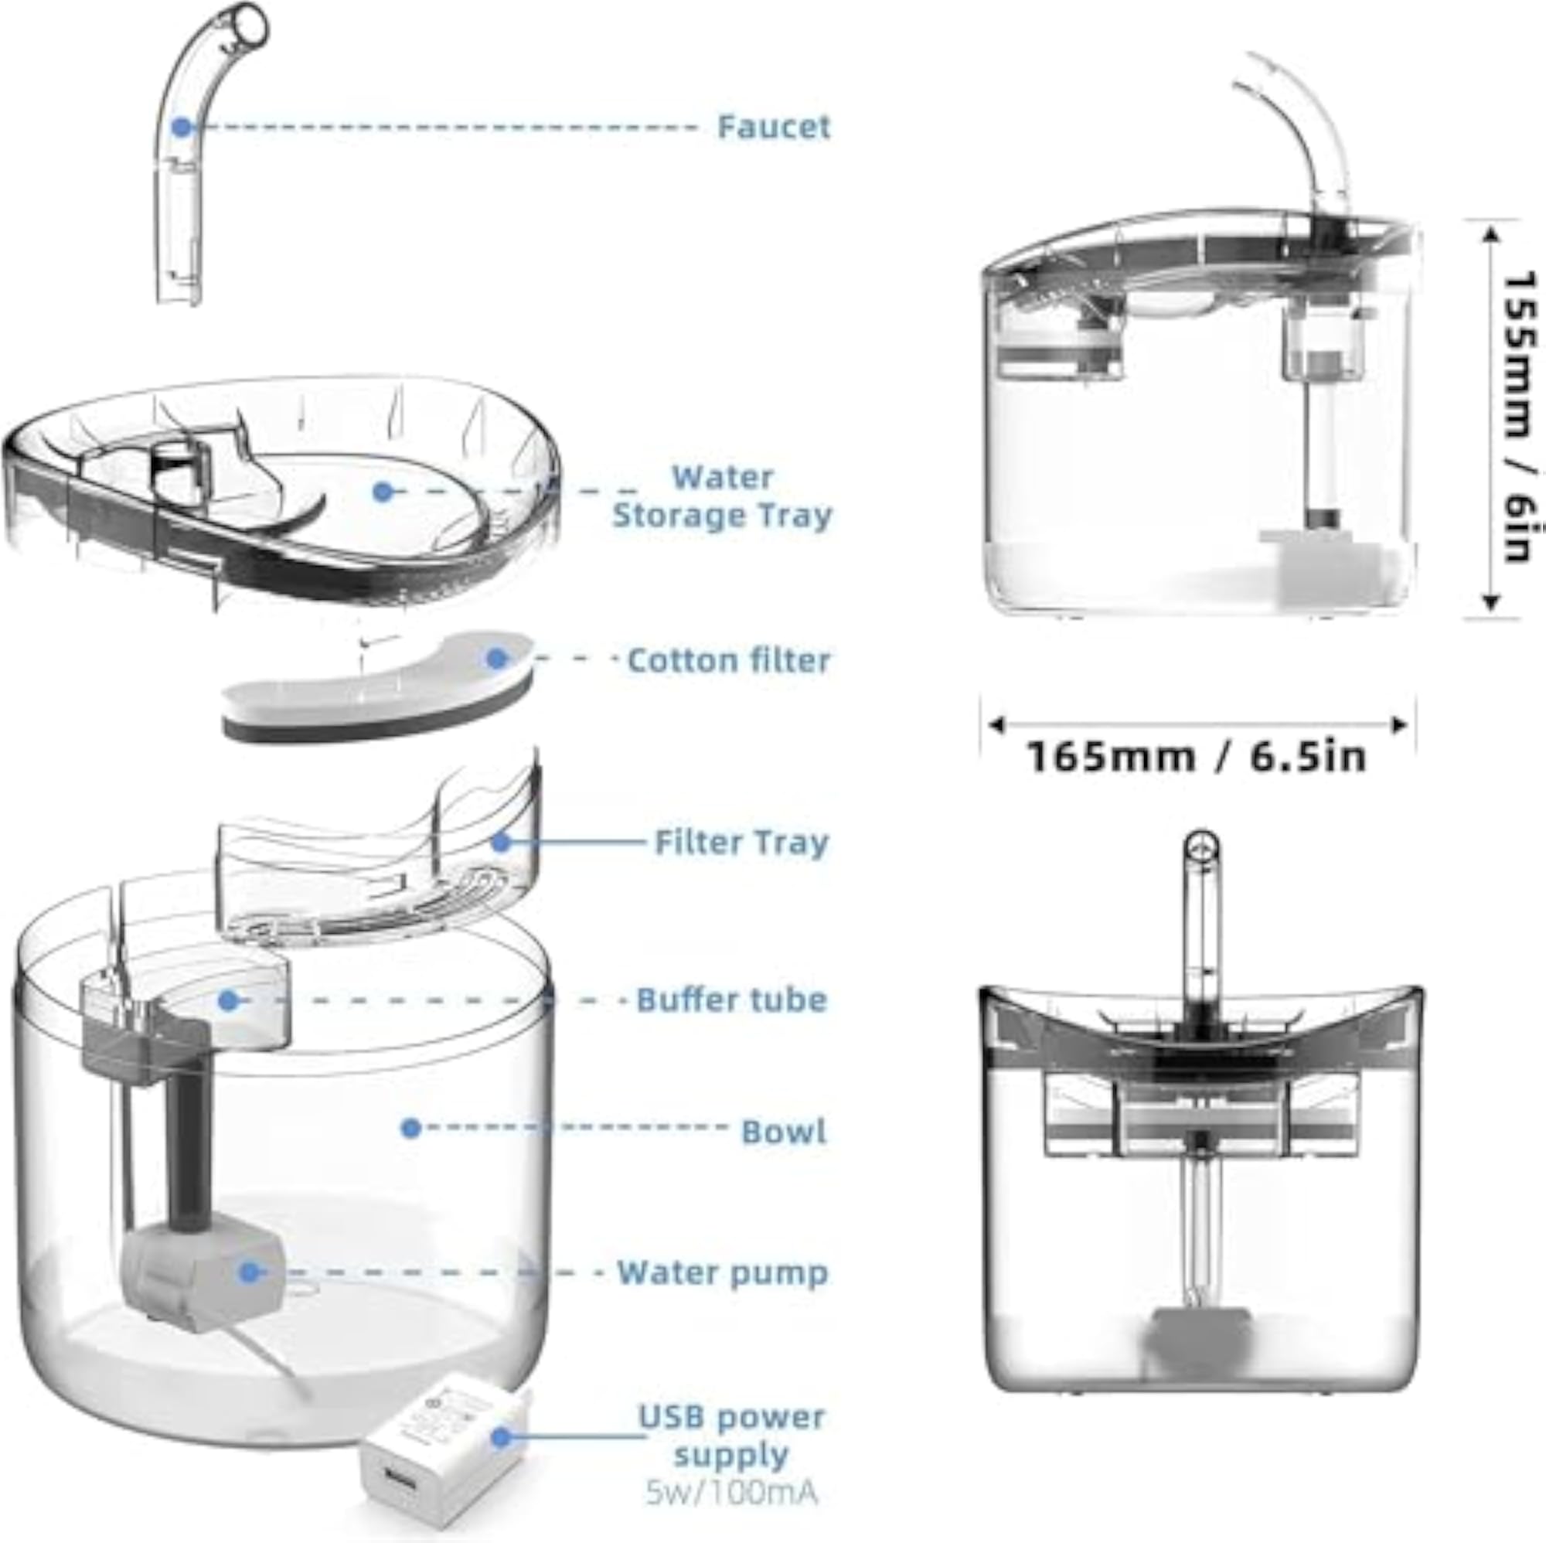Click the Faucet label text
(x=774, y=127)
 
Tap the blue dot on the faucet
(x=182, y=127)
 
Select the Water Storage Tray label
(x=722, y=496)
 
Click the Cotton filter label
(x=728, y=660)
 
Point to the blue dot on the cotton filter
(x=497, y=659)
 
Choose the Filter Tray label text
(x=741, y=843)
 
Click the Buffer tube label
(x=731, y=1000)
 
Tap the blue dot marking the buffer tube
(x=229, y=1000)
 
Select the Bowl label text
(x=783, y=1132)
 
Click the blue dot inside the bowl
(x=411, y=1129)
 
